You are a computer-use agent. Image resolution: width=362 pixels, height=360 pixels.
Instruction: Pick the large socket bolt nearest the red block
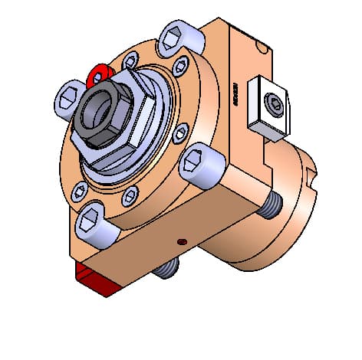(x=92, y=222)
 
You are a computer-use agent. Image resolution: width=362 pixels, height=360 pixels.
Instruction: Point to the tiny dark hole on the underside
(x=181, y=241)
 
